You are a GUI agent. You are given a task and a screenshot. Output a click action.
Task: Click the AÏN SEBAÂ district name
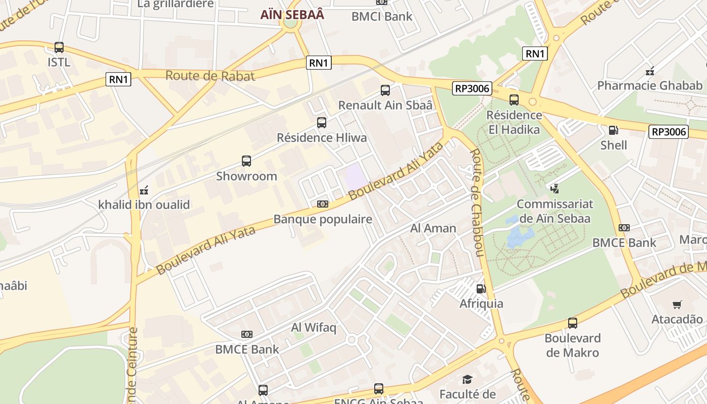point(292,15)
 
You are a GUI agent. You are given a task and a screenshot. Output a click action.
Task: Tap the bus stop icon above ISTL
point(59,47)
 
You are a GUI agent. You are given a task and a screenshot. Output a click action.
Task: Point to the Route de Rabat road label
point(210,76)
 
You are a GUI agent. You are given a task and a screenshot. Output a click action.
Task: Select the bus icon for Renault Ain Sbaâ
point(385,90)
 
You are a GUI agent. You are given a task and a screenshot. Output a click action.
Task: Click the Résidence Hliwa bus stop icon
point(322,123)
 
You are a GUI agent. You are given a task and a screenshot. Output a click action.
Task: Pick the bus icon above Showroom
point(246,161)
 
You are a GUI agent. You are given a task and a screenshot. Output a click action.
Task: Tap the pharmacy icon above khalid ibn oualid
point(144,190)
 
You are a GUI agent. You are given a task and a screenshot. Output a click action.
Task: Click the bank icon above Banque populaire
point(323,204)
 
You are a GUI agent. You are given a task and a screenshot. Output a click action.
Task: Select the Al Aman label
point(433,228)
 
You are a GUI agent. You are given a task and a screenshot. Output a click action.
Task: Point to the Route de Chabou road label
point(477,202)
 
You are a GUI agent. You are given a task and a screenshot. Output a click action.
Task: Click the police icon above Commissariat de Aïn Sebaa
point(555,189)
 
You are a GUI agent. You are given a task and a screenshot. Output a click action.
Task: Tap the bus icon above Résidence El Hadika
point(514,100)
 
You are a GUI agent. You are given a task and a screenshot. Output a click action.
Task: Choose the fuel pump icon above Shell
point(614,130)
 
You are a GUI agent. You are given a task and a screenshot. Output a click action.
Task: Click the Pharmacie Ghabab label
point(650,85)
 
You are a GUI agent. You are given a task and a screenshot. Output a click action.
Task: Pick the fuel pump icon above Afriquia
point(481,289)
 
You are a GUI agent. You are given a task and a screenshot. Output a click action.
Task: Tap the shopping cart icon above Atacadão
point(677,305)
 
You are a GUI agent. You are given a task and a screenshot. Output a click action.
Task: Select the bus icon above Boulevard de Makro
point(572,323)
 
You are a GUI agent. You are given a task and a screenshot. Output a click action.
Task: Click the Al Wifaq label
point(314,328)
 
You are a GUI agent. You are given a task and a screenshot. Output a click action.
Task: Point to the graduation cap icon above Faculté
point(468,379)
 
